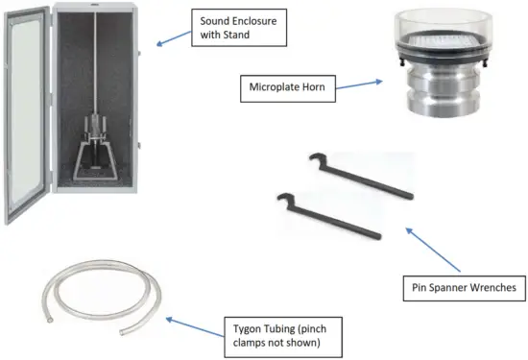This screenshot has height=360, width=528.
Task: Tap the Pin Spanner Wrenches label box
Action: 460,286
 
